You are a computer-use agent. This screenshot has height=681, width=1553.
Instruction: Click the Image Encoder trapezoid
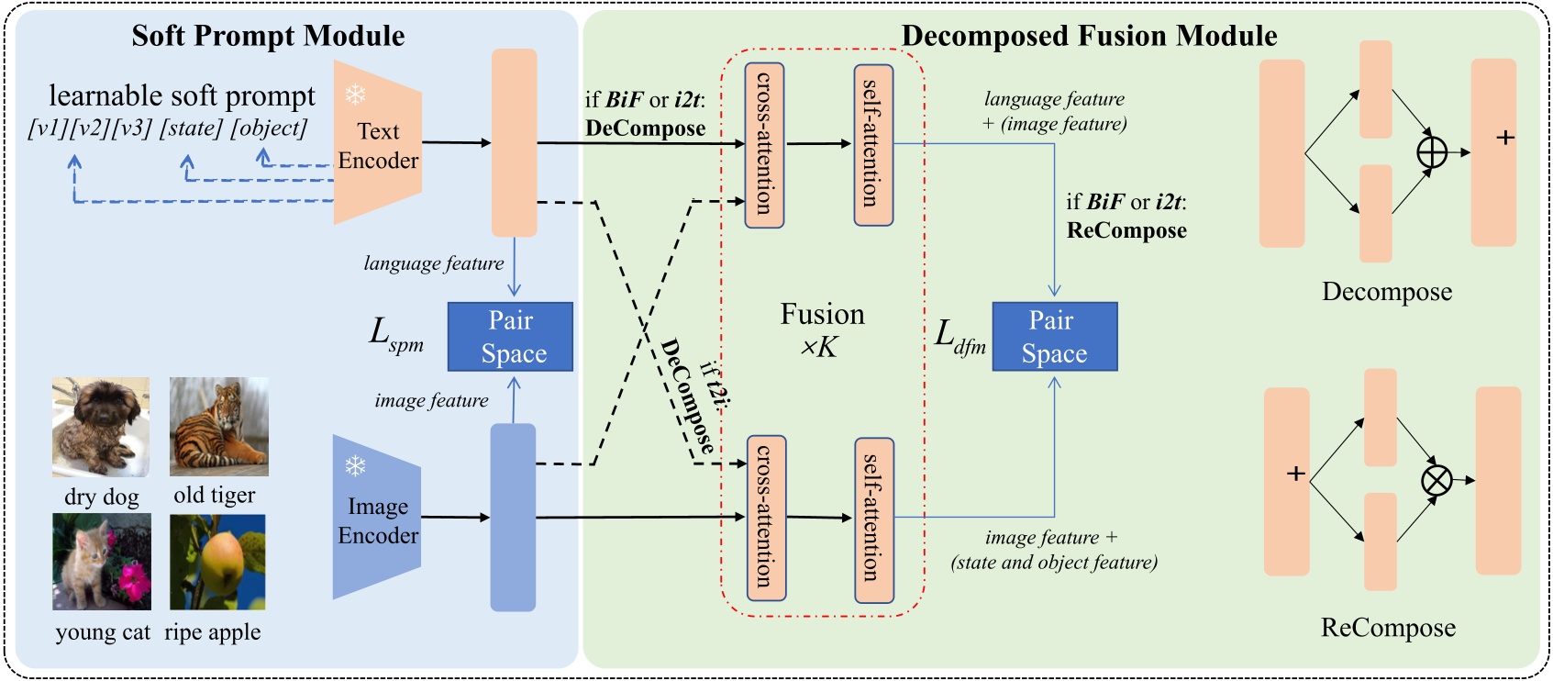tap(376, 518)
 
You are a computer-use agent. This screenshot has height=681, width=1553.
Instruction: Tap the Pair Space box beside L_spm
tap(510, 337)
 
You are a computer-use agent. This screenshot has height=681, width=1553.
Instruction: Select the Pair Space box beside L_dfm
tap(1054, 337)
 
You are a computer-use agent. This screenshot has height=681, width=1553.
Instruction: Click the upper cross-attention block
tap(764, 144)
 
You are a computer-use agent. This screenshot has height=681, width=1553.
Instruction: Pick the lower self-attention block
tap(873, 519)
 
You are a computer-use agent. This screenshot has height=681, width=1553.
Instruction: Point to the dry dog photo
tap(101, 427)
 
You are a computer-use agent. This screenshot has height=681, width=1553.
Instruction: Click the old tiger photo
tap(218, 427)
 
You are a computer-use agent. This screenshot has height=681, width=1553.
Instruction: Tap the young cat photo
tap(101, 562)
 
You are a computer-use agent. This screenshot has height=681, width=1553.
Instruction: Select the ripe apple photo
tap(217, 562)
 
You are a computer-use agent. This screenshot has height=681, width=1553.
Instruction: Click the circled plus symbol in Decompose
tap(1431, 152)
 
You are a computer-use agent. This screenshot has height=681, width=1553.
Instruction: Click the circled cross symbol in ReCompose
tap(1436, 480)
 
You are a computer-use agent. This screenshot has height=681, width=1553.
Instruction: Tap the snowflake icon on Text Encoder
tap(355, 94)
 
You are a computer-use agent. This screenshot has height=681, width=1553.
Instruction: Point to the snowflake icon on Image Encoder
tap(355, 466)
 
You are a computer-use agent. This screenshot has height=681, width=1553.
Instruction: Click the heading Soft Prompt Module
tap(268, 36)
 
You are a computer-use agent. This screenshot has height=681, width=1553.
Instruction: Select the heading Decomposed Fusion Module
tap(1089, 36)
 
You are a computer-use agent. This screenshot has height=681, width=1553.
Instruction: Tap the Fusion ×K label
tap(822, 329)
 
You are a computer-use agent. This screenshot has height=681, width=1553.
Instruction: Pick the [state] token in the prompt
tap(191, 128)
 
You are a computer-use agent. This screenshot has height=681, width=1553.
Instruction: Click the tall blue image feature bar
tap(513, 517)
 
